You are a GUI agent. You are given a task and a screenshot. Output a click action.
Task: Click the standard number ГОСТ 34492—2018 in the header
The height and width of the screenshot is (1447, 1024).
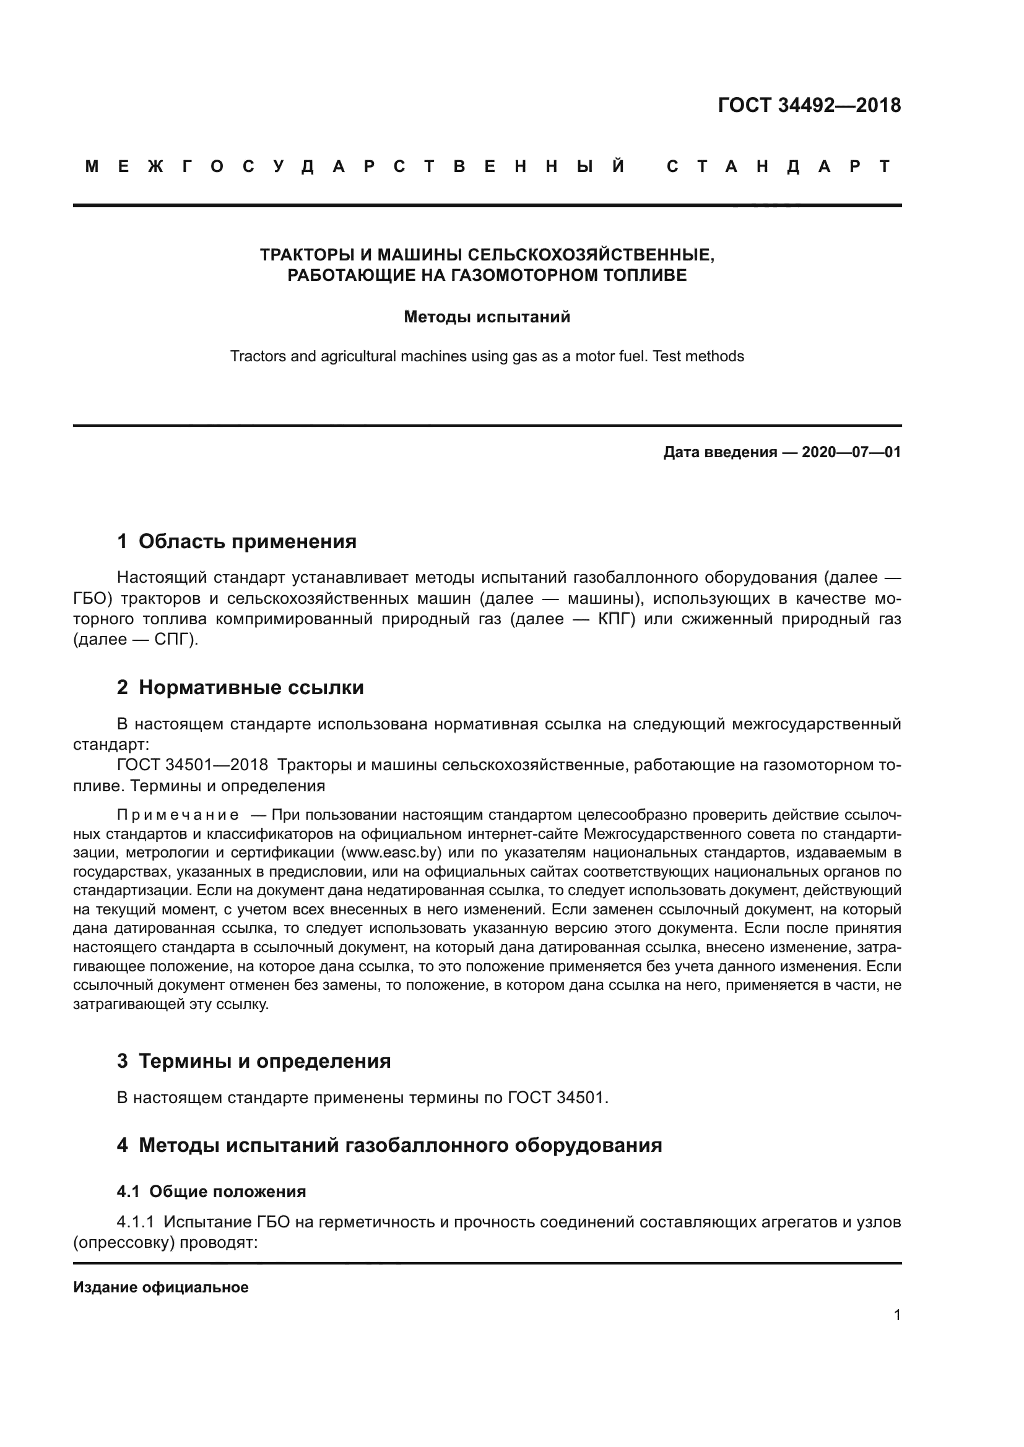coord(809,105)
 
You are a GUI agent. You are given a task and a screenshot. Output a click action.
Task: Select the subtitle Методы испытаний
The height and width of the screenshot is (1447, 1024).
coord(487,317)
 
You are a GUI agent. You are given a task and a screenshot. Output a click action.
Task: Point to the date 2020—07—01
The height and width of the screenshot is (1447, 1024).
coord(851,452)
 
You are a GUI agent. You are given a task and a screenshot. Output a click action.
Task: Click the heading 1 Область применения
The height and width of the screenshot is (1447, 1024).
coord(237,541)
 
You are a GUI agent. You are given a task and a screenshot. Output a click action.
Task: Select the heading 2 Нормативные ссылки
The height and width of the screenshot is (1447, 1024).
coord(240,687)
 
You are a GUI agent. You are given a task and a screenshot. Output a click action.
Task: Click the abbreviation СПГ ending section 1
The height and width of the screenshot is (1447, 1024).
coord(171,640)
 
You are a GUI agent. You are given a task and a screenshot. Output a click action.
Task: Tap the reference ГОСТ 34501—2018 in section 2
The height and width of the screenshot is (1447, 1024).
coord(193,766)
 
